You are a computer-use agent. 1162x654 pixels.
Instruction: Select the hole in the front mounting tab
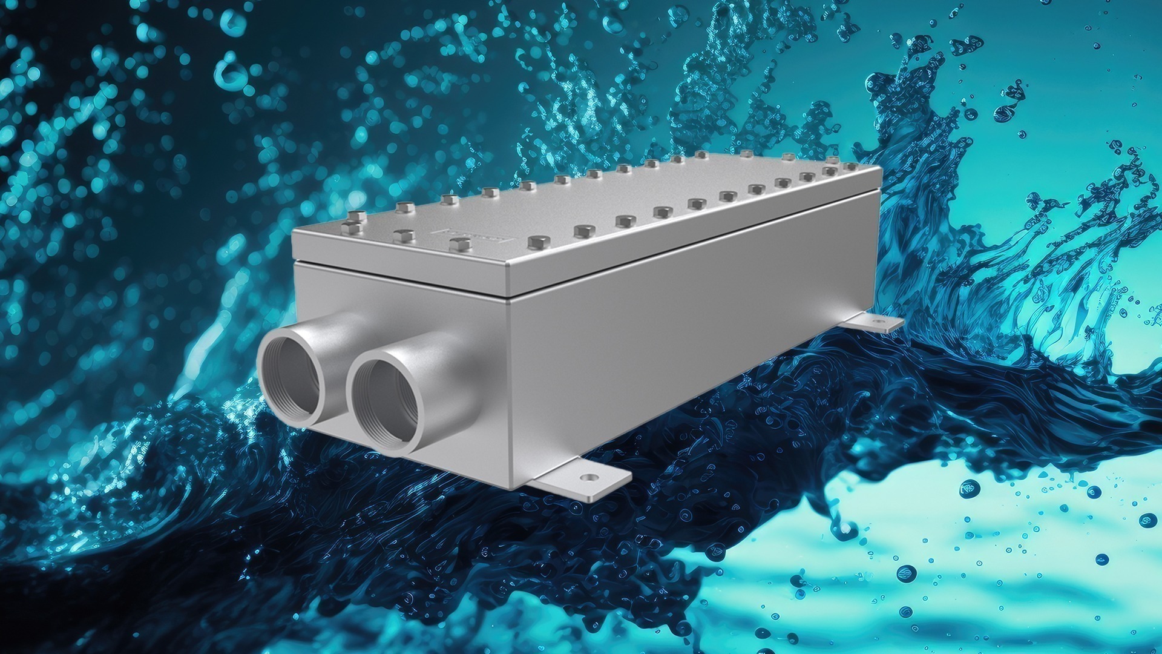(x=586, y=478)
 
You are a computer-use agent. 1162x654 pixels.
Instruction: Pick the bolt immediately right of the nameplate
(x=536, y=242)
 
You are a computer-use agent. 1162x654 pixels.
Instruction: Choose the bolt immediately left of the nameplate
(x=402, y=236)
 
